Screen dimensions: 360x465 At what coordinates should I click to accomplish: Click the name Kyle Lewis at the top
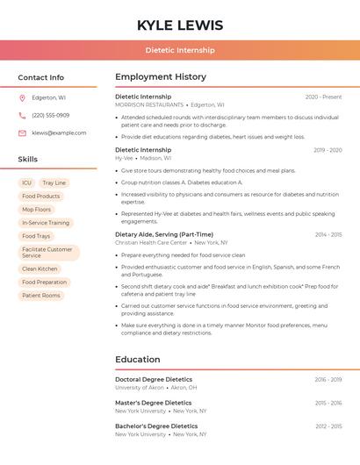pyautogui.click(x=180, y=25)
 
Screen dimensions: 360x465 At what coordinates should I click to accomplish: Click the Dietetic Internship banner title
pyautogui.click(x=180, y=51)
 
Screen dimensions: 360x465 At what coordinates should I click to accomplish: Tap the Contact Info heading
pyautogui.click(x=41, y=77)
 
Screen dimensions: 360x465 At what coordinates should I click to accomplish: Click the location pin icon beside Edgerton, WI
pyautogui.click(x=22, y=97)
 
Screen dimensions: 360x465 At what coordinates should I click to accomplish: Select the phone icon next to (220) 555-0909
pyautogui.click(x=22, y=115)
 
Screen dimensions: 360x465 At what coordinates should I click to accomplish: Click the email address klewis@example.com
pyautogui.click(x=59, y=132)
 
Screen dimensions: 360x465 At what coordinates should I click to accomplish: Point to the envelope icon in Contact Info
pyautogui.click(x=22, y=132)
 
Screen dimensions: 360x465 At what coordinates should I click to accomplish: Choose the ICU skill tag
pyautogui.click(x=26, y=182)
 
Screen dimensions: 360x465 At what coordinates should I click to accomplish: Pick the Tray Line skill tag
pyautogui.click(x=54, y=182)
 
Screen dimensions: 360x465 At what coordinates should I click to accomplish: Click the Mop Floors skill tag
pyautogui.click(x=37, y=210)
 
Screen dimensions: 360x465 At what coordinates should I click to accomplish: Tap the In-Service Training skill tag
pyautogui.click(x=46, y=223)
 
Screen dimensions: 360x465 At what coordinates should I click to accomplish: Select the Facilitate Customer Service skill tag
pyautogui.click(x=48, y=253)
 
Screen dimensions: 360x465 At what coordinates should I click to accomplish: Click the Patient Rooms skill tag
pyautogui.click(x=41, y=296)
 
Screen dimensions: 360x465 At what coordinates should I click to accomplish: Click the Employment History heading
pyautogui.click(x=161, y=77)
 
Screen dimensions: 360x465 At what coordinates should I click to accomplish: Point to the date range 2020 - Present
pyautogui.click(x=323, y=97)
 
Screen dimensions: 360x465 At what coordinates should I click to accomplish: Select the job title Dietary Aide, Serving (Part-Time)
pyautogui.click(x=164, y=234)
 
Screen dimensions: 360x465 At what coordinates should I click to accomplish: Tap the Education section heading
pyautogui.click(x=138, y=360)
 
